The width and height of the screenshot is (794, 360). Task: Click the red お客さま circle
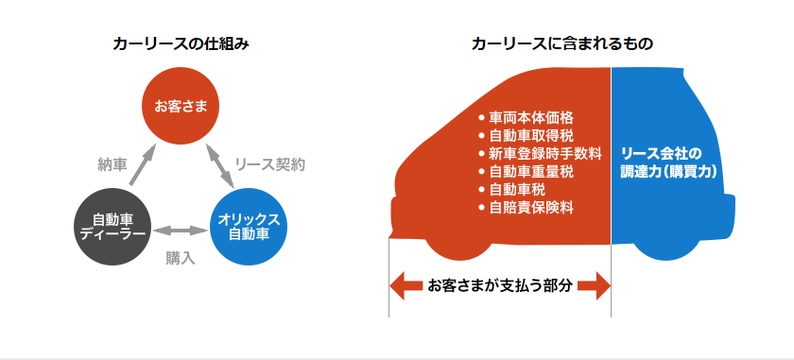181,107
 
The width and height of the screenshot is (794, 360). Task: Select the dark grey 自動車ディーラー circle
112,227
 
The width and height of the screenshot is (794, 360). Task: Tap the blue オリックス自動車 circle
248,227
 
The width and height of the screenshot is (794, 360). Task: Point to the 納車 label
112,165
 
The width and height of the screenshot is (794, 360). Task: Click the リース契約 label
270,164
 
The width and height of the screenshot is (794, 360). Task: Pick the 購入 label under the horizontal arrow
181,258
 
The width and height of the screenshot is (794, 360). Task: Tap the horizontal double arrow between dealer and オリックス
181,231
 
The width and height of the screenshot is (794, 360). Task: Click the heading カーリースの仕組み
181,44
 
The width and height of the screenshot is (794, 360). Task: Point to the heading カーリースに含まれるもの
561,44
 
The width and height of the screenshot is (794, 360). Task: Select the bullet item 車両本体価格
526,118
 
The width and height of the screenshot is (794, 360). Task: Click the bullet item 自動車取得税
526,136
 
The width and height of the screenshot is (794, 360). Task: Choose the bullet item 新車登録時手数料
540,153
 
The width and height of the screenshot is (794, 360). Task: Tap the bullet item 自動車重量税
526,172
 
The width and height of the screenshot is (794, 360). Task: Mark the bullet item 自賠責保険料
526,208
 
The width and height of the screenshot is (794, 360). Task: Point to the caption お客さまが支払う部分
500,286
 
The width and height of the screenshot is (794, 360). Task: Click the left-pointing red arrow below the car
406,286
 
